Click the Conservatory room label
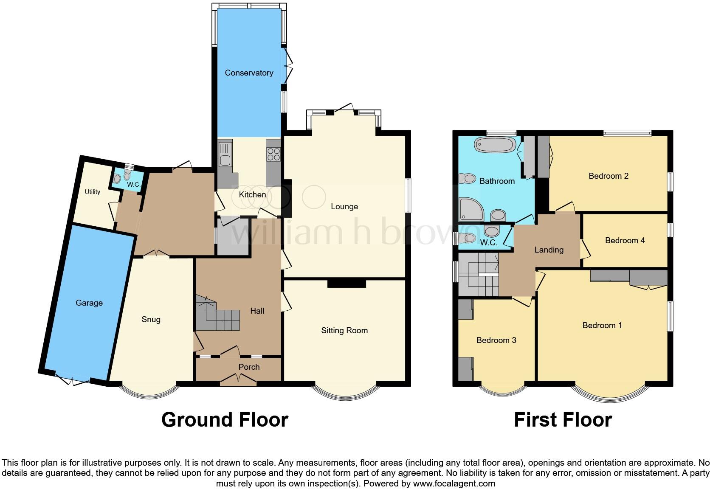(249, 73)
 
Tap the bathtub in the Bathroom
(495, 145)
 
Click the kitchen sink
(225, 155)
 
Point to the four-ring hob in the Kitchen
(273, 153)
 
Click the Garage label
(89, 303)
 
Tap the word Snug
(151, 320)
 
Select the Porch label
(249, 367)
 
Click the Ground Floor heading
(225, 420)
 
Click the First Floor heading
(563, 420)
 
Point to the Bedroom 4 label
(625, 241)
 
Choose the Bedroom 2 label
(608, 176)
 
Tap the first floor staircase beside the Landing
(478, 274)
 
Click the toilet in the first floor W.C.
(468, 238)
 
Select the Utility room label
(92, 192)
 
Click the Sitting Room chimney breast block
(347, 283)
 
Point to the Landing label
(549, 250)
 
